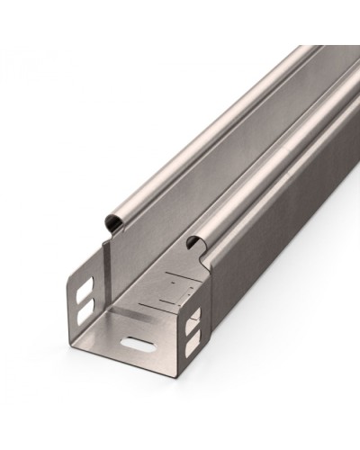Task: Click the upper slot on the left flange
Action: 83,292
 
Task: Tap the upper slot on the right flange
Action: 193,318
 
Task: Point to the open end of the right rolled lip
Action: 194,241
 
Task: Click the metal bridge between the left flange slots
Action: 83,301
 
